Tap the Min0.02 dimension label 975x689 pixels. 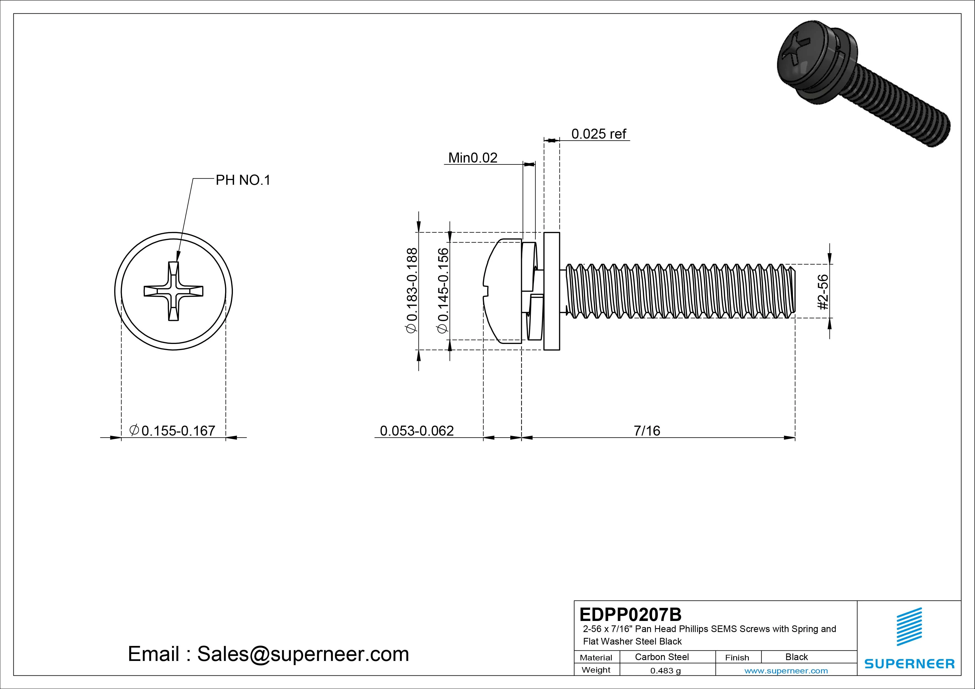point(473,158)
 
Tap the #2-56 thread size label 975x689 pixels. point(822,292)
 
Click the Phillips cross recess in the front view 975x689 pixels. point(173,291)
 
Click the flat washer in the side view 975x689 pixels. point(552,291)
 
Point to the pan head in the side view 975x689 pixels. point(503,291)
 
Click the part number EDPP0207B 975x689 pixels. point(630,614)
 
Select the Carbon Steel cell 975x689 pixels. point(661,657)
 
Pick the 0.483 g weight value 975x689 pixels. point(665,671)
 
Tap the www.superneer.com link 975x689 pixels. point(786,671)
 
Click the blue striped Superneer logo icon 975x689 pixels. point(909,627)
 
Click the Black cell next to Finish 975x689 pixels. point(796,657)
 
